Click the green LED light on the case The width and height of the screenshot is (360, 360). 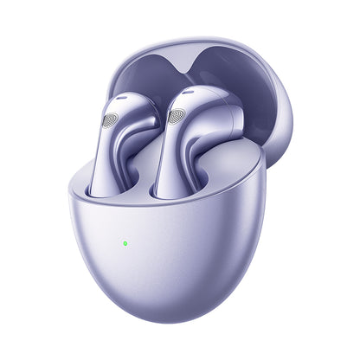125,243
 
